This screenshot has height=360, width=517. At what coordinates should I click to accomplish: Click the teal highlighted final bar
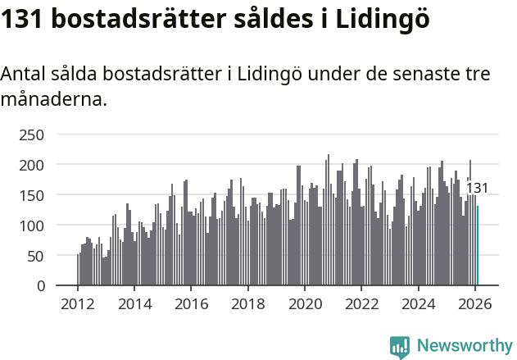478,246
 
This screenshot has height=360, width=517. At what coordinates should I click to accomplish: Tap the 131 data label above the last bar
477,189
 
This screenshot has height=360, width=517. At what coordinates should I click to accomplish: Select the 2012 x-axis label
78,303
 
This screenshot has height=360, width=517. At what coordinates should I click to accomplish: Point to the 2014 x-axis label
134,303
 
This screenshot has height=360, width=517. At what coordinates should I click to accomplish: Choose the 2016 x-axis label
191,303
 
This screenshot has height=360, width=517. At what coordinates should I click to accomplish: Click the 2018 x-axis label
247,303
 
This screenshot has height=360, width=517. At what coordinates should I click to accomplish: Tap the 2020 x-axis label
305,303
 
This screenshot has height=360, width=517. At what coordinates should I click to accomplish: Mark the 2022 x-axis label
361,303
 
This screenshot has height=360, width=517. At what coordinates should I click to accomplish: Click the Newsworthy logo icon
400,347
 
